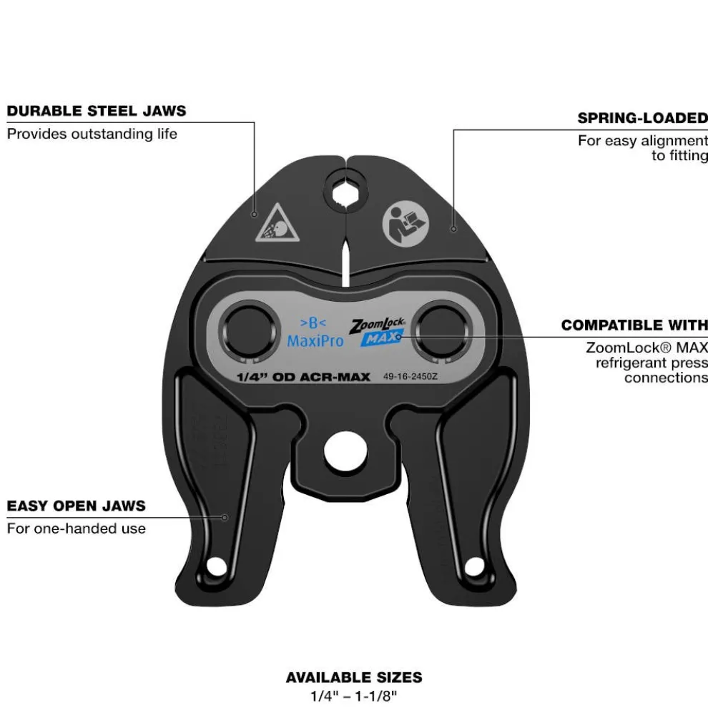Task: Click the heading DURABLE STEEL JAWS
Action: pos(97,111)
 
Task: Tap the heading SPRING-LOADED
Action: pos(642,118)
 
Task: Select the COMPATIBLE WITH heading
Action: pos(634,325)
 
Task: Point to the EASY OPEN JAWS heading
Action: pos(77,506)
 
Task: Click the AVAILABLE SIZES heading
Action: pos(354,677)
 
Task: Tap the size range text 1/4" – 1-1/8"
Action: pos(354,694)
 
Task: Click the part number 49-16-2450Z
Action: pos(410,375)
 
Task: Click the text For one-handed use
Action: pos(77,528)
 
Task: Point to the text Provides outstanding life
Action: pos(92,134)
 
